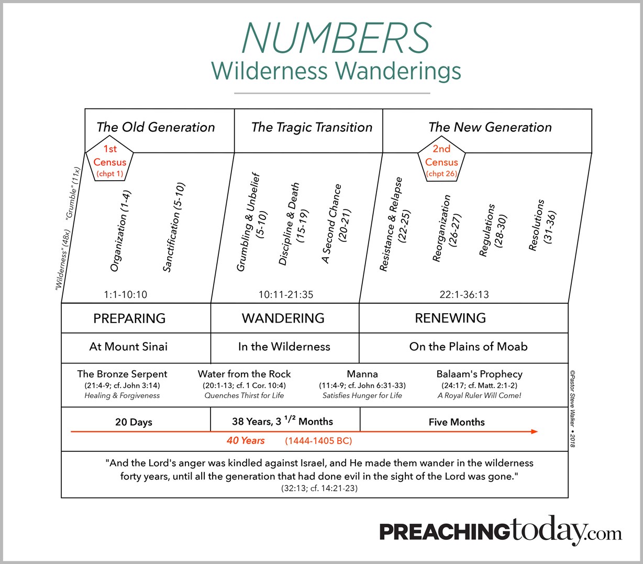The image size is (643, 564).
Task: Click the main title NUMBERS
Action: click(336, 38)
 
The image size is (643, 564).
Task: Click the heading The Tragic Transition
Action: click(312, 127)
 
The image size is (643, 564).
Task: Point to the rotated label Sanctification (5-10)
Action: click(174, 227)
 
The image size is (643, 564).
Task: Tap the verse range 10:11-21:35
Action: click(286, 294)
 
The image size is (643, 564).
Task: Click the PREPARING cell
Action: click(129, 318)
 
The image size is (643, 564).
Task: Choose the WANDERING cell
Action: click(283, 318)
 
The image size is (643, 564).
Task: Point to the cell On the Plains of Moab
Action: click(468, 347)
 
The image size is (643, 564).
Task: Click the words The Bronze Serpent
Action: click(122, 374)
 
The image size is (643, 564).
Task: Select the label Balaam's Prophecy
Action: click(479, 374)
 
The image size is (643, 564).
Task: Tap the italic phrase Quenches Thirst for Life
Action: click(244, 396)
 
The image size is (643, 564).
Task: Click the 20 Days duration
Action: click(134, 422)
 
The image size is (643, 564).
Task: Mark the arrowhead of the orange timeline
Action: click(534, 432)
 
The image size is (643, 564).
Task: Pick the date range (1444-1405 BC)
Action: click(318, 441)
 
